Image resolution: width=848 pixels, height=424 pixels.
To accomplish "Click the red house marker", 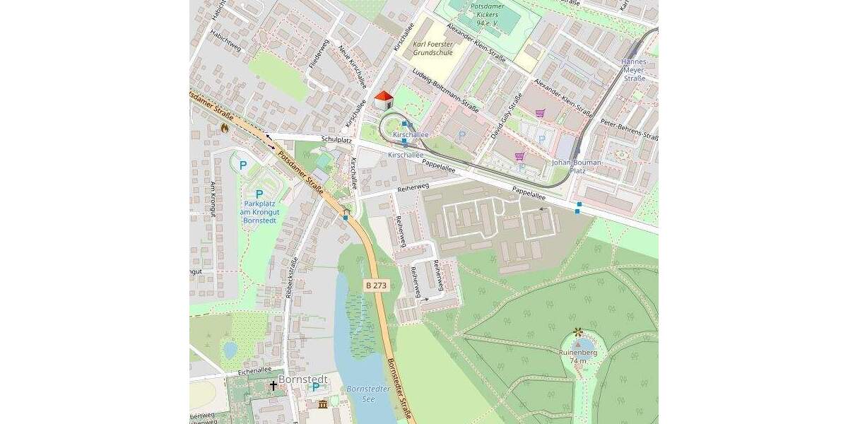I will (383, 100).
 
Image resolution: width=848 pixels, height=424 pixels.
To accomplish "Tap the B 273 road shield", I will (377, 284).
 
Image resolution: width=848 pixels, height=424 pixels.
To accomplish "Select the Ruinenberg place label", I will (578, 352).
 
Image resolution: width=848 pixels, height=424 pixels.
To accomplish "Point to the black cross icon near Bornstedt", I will (273, 386).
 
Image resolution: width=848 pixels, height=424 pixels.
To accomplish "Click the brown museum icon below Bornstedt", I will (323, 404).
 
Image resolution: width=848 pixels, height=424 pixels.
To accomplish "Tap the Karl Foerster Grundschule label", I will (433, 48).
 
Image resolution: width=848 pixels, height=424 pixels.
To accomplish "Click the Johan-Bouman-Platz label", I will (577, 166).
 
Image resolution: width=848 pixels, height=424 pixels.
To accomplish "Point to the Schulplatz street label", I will (336, 140).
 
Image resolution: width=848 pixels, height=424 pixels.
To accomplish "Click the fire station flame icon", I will (224, 129).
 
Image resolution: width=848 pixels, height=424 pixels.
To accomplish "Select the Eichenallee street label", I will (255, 370).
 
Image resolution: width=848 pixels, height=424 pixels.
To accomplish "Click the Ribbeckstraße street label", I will (290, 279).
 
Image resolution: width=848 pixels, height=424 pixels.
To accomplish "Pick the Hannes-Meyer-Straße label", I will (634, 70).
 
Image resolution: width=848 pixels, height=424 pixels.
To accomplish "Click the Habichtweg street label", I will (225, 49).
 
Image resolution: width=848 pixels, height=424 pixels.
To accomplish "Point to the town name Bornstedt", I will (303, 379).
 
